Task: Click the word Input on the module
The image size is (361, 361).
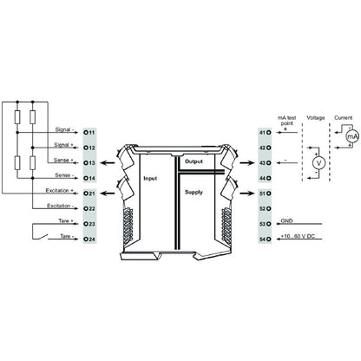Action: [153, 178]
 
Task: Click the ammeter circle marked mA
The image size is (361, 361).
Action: [351, 137]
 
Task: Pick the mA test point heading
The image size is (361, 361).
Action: [287, 118]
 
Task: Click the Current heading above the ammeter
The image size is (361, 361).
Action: [342, 114]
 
